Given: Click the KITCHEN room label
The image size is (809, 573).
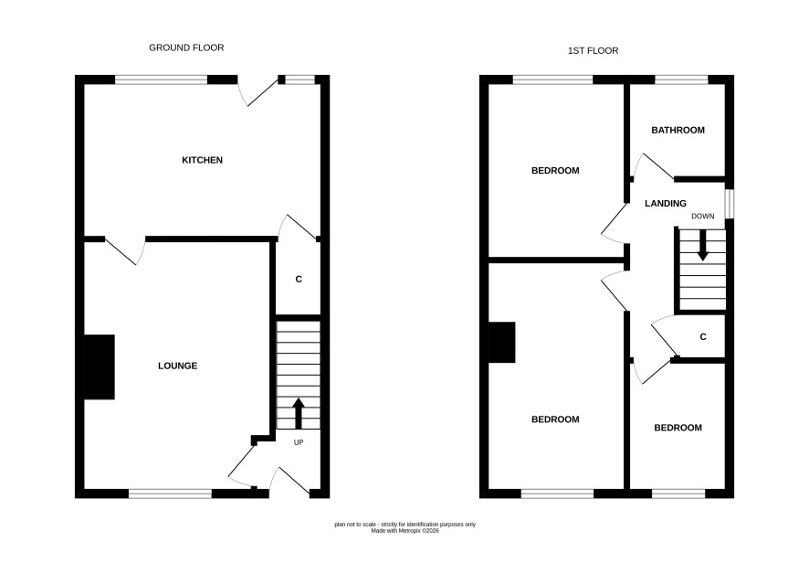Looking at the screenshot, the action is [x=203, y=160].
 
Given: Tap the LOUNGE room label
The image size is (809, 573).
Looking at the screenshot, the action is [x=177, y=366].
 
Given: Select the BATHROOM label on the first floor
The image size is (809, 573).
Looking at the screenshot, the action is [x=678, y=130].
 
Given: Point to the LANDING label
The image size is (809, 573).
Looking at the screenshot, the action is [x=666, y=204].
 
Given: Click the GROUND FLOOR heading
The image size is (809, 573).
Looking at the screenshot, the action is [x=186, y=48].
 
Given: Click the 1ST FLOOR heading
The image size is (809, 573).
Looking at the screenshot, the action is [x=593, y=50].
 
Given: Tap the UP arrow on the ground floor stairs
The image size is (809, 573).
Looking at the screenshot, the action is [x=299, y=413].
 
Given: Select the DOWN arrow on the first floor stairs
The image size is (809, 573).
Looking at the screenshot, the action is [x=702, y=245].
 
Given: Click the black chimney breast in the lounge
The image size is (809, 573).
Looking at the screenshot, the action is [x=99, y=367].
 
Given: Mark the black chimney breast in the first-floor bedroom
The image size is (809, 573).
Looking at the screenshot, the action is [x=502, y=343].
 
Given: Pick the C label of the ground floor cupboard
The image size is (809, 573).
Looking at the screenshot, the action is [x=299, y=280].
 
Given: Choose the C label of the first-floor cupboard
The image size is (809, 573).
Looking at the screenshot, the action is [x=703, y=337].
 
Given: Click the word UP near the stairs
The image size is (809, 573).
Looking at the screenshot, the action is [x=299, y=442].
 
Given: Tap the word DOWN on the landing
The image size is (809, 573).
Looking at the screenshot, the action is [x=703, y=217].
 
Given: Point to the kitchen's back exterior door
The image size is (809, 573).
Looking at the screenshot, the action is [x=258, y=92].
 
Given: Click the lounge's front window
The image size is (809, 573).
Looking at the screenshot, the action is [x=170, y=494].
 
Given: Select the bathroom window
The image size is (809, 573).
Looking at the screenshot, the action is [x=681, y=80].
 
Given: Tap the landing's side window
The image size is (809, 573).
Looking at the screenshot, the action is [x=729, y=204].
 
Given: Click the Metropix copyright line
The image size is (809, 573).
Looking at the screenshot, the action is [x=405, y=531].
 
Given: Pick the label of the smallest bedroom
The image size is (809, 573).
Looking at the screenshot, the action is [x=678, y=428].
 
